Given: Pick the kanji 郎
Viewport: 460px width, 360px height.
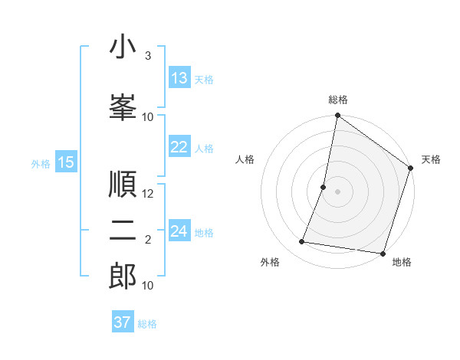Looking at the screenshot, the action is coord(123,276).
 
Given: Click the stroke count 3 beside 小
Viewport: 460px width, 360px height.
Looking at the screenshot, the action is coord(147,56).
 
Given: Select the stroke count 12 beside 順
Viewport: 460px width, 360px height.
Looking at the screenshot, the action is coord(148,194).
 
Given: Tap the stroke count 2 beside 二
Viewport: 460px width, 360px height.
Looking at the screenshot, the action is coord(148,240).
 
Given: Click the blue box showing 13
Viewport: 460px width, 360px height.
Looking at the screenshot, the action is coord(179,78).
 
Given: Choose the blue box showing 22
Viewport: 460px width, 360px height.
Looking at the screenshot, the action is coord(179,147).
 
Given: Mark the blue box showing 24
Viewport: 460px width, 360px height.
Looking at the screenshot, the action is coord(179,231).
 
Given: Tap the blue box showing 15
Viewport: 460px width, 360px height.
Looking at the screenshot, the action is coord(66,162).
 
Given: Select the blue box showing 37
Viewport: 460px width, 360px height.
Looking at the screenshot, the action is coord(123,322).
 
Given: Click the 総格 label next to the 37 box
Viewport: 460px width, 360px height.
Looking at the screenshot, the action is coord(147,324).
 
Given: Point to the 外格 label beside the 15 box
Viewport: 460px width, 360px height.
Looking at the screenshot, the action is coord(41,163).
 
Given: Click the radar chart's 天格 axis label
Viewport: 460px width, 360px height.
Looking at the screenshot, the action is coord(431,159).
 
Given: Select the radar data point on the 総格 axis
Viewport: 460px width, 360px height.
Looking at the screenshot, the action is coord(337,116).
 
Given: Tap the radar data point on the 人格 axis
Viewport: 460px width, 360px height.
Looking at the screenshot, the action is coord(324,187).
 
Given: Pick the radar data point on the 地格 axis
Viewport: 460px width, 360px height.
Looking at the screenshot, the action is coord(382,253).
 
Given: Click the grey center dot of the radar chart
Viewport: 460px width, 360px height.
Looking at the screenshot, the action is coord(337,191).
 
